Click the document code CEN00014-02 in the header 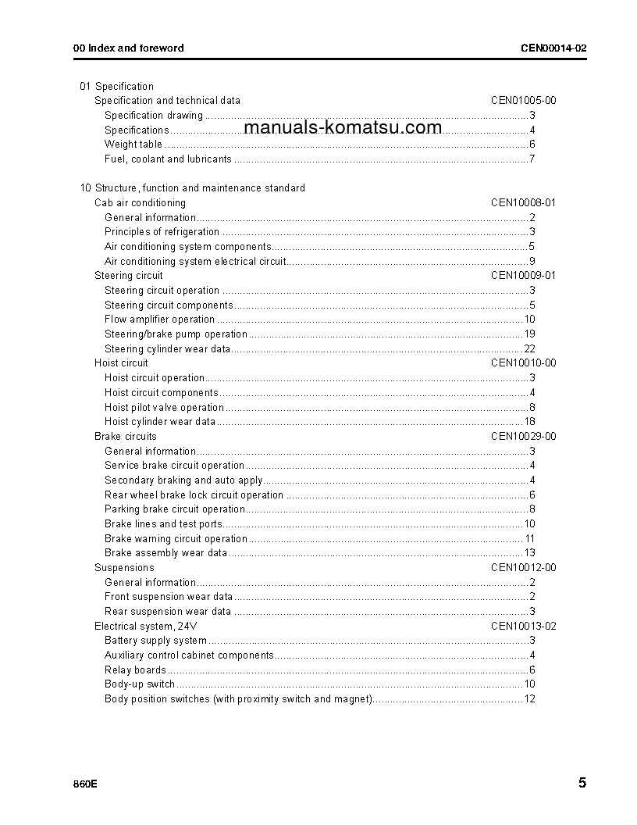pyautogui.click(x=553, y=48)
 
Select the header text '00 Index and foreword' pyautogui.click(x=129, y=48)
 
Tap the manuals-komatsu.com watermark pyautogui.click(x=343, y=128)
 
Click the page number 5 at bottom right pyautogui.click(x=582, y=783)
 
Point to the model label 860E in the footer pyautogui.click(x=85, y=784)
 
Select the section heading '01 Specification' pyautogui.click(x=117, y=86)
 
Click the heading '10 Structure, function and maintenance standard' pyautogui.click(x=193, y=188)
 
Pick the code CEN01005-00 pyautogui.click(x=523, y=101)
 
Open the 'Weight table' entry pyautogui.click(x=133, y=145)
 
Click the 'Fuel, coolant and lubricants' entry pyautogui.click(x=168, y=159)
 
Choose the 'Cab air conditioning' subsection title pyautogui.click(x=140, y=203)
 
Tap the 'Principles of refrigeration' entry pyautogui.click(x=162, y=232)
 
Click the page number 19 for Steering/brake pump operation pyautogui.click(x=529, y=334)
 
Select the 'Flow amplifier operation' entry pyautogui.click(x=159, y=320)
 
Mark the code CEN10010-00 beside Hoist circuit pyautogui.click(x=523, y=363)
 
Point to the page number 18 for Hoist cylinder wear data pyautogui.click(x=529, y=422)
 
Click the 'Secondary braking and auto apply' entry pyautogui.click(x=183, y=480)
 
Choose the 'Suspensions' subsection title pyautogui.click(x=124, y=568)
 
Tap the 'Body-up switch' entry pyautogui.click(x=140, y=684)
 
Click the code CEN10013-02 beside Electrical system pyautogui.click(x=523, y=627)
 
